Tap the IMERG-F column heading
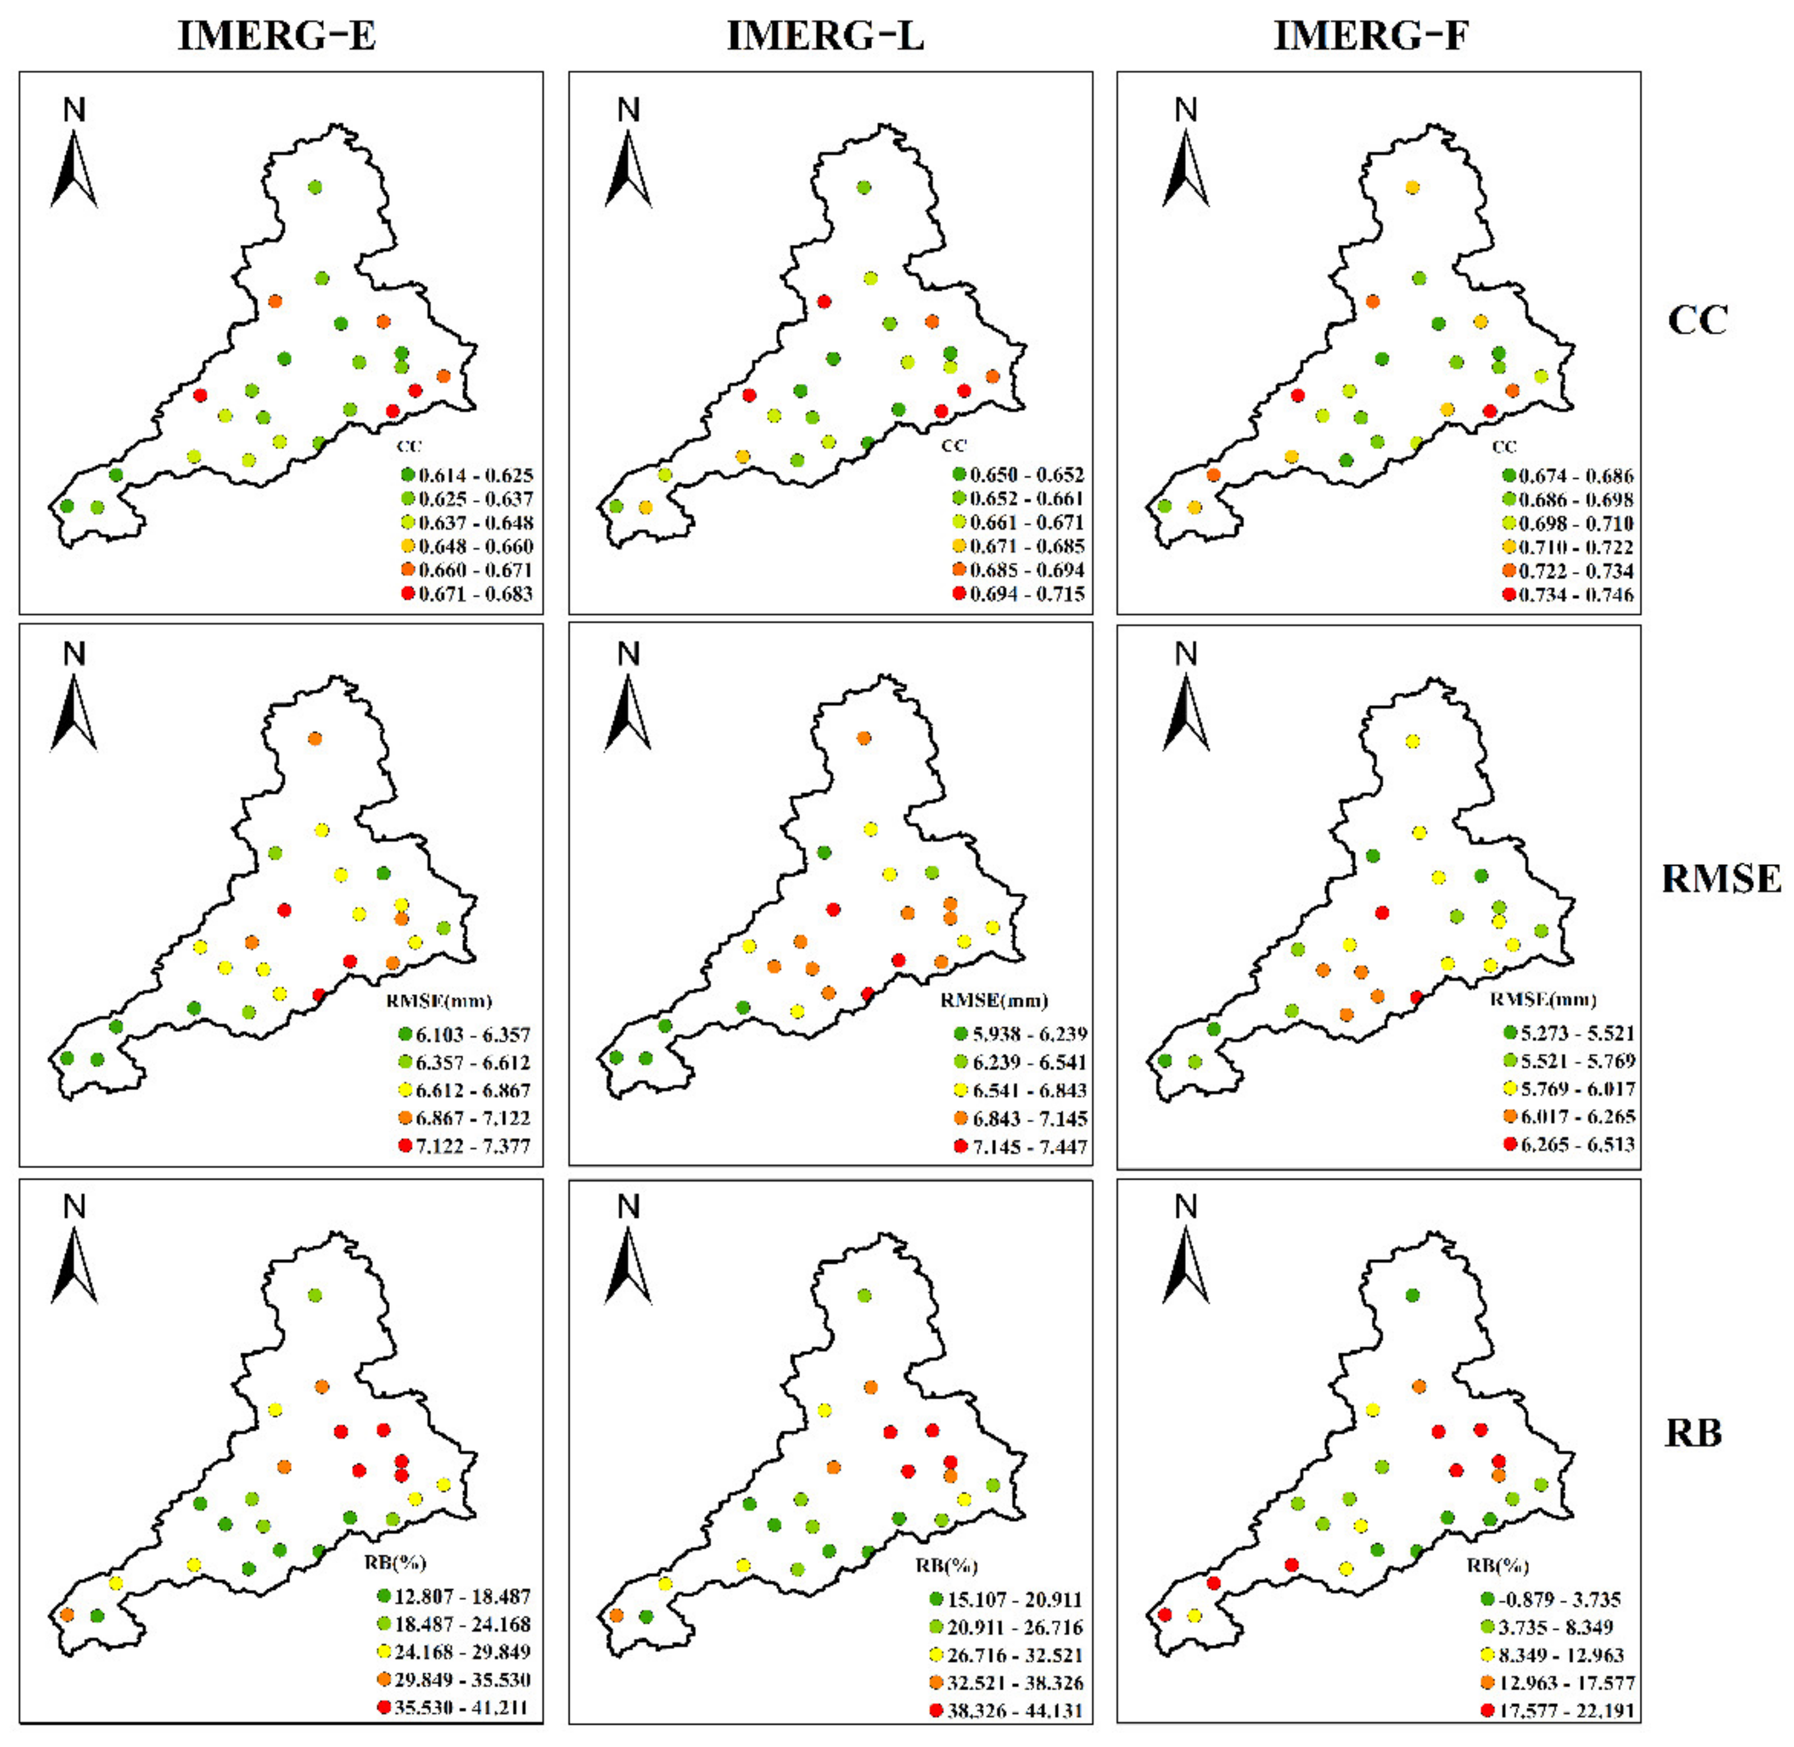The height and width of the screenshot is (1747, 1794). pyautogui.click(x=1371, y=36)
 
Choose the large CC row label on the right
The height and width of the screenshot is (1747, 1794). pyautogui.click(x=1697, y=320)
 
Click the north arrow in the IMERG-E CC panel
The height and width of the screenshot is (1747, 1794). pyautogui.click(x=74, y=156)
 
